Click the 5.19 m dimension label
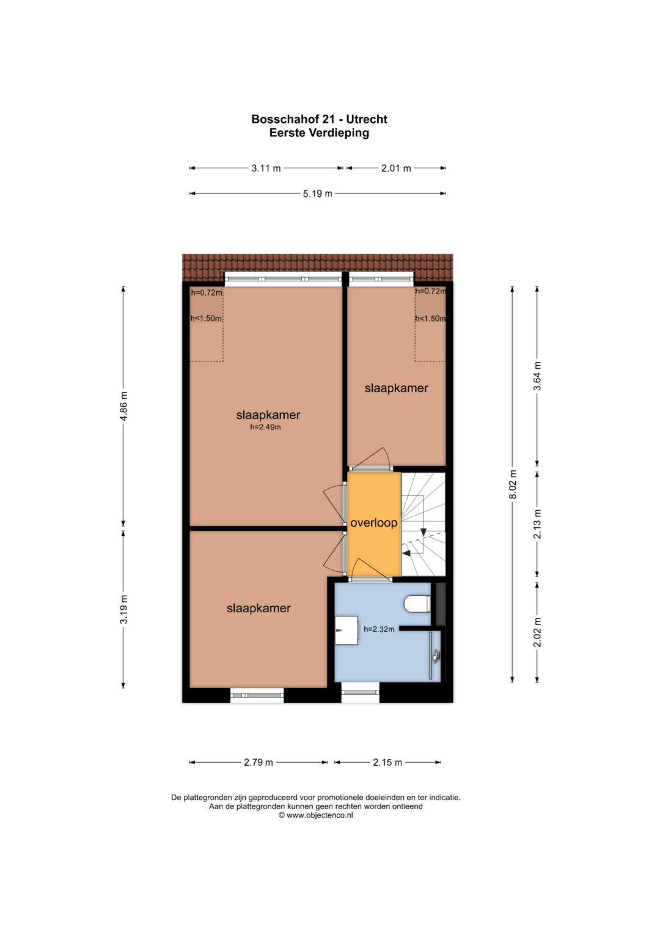click(x=318, y=193)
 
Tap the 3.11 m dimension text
click(x=266, y=168)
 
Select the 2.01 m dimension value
click(x=396, y=168)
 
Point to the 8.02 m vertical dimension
click(x=513, y=484)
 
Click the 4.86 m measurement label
click(x=123, y=406)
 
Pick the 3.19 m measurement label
click(x=123, y=609)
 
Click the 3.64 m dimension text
click(x=538, y=376)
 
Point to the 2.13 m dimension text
click(x=538, y=524)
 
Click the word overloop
click(x=374, y=523)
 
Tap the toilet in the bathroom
click(x=417, y=604)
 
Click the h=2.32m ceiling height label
click(x=379, y=629)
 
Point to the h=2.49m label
click(x=265, y=426)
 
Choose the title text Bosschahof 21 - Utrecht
click(x=319, y=119)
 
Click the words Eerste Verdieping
click(x=319, y=133)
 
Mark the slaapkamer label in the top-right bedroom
click(x=396, y=388)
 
